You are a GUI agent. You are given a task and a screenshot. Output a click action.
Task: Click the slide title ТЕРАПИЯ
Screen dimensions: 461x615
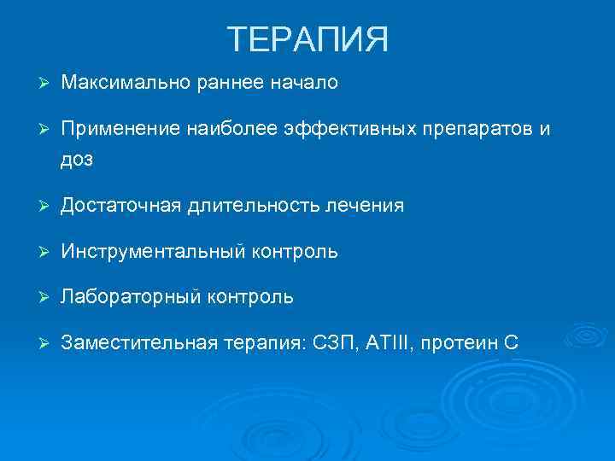tap(307, 39)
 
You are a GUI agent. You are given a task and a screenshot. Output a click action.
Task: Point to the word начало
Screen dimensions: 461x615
tap(310, 83)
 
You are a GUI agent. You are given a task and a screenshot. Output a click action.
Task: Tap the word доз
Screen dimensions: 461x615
tap(77, 159)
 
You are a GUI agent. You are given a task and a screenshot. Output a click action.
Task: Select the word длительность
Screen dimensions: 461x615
tap(253, 206)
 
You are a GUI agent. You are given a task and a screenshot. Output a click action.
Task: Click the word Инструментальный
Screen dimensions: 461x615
tap(154, 252)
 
